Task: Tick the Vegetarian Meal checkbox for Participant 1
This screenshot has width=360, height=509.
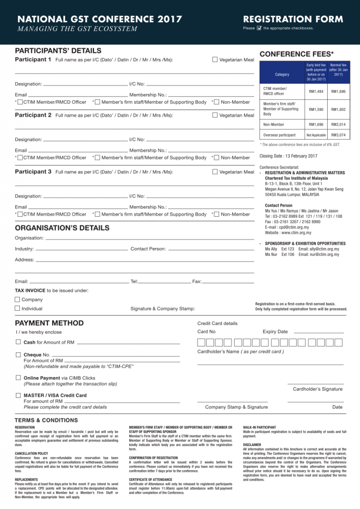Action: click(x=215, y=60)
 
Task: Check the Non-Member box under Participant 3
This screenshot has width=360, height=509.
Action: click(x=215, y=214)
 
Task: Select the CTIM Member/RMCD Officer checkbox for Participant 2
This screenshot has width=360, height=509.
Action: click(x=19, y=158)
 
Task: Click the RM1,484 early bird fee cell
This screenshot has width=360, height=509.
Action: click(x=316, y=91)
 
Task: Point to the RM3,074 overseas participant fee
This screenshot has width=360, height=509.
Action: click(x=338, y=135)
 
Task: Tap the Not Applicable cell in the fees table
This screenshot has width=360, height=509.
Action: click(x=316, y=135)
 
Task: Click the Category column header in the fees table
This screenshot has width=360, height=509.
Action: click(x=281, y=74)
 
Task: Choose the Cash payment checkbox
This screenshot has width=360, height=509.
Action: click(x=18, y=342)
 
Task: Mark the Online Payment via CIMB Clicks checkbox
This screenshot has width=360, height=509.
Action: click(x=18, y=378)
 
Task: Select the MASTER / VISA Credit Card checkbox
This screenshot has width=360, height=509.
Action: click(x=18, y=395)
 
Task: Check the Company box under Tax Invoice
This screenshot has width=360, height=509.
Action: click(x=17, y=300)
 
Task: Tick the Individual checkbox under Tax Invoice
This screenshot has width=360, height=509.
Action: click(x=17, y=308)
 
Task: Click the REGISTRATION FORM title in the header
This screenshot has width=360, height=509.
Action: click(x=293, y=19)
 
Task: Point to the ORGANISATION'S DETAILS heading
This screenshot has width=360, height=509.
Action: click(x=62, y=228)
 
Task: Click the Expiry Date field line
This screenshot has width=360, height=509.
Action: click(x=318, y=332)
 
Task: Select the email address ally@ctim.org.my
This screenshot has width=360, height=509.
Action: click(x=325, y=249)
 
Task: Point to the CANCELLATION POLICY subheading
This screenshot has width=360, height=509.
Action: click(x=31, y=453)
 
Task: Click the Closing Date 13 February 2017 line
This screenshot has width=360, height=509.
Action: click(x=288, y=156)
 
